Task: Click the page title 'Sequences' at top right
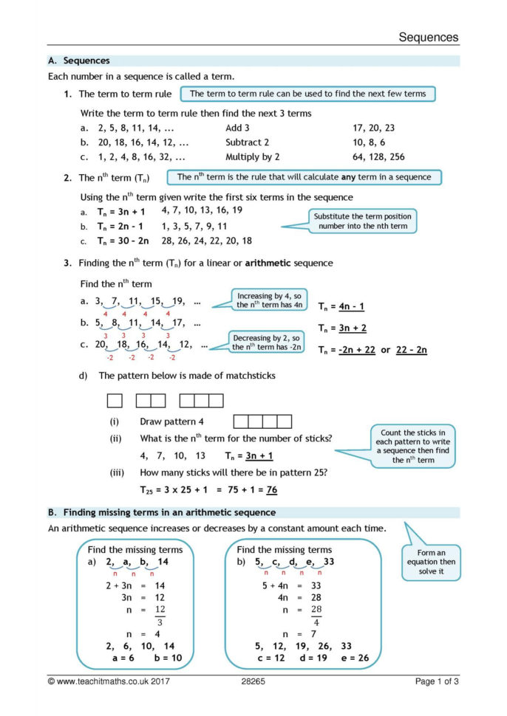pyautogui.click(x=429, y=37)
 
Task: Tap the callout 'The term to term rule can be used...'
pyautogui.click(x=307, y=94)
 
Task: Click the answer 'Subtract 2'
pyautogui.click(x=247, y=142)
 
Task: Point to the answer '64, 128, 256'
pyautogui.click(x=379, y=156)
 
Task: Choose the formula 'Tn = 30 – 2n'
pyautogui.click(x=123, y=241)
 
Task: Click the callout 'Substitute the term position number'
pyautogui.click(x=363, y=221)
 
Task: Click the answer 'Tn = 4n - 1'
pyautogui.click(x=341, y=306)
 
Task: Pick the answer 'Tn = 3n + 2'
pyautogui.click(x=341, y=328)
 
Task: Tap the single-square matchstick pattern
pyautogui.click(x=115, y=400)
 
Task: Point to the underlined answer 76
pyautogui.click(x=271, y=489)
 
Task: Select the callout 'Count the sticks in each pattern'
pyautogui.click(x=412, y=446)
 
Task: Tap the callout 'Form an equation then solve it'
pyautogui.click(x=431, y=562)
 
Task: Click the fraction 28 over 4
pyautogui.click(x=316, y=615)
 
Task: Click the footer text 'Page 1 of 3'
pyautogui.click(x=437, y=681)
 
